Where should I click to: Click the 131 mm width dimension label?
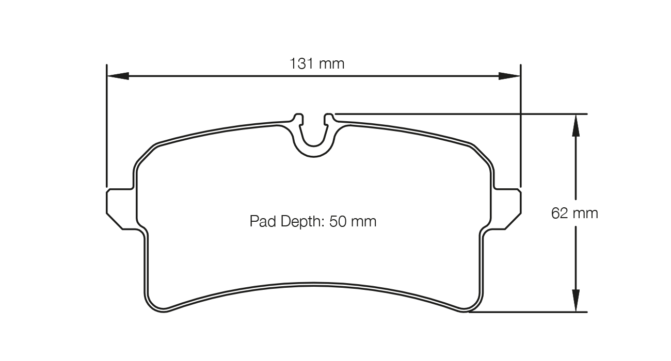(x=316, y=64)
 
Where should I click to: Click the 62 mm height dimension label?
(x=574, y=213)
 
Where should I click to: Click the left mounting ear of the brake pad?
(x=121, y=209)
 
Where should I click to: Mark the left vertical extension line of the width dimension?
(x=106, y=129)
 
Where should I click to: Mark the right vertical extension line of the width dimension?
(x=520, y=129)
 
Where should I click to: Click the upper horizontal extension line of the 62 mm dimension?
(x=465, y=113)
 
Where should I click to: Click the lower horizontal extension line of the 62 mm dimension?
(x=532, y=312)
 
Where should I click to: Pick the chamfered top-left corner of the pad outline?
(x=146, y=154)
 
